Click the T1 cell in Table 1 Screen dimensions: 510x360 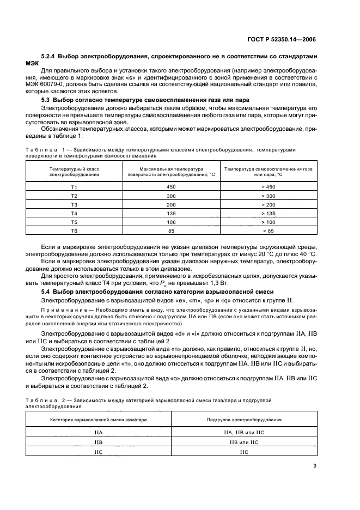[74, 187]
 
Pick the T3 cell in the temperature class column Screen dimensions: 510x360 [74, 204]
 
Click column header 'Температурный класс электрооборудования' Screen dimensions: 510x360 [74, 172]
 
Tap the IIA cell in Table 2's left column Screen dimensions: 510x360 [99, 432]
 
